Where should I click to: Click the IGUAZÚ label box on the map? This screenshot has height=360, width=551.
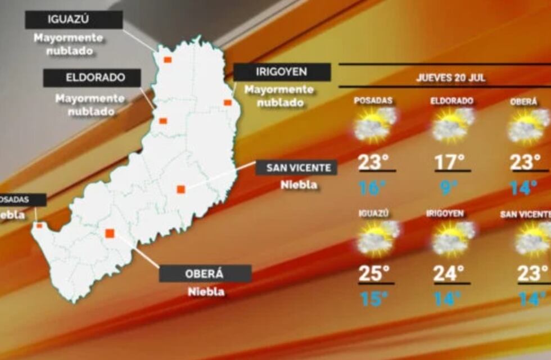click(74, 20)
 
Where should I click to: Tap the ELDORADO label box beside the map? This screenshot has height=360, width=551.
click(92, 78)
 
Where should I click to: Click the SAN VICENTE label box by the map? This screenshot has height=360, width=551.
click(296, 168)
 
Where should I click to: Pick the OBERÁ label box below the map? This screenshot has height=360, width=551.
click(205, 274)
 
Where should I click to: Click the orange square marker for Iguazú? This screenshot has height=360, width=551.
click(168, 59)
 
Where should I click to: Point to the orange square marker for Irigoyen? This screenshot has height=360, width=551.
click(227, 102)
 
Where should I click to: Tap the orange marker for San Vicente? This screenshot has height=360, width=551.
click(180, 189)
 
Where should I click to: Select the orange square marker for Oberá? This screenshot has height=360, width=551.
click(110, 233)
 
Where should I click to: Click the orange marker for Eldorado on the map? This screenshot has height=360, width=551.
click(163, 120)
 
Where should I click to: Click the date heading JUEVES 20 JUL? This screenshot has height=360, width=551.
click(451, 78)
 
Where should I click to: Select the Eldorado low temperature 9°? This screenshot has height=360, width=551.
click(449, 187)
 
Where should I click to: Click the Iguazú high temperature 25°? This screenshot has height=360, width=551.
click(374, 274)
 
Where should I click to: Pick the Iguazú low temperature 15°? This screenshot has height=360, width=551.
click(373, 299)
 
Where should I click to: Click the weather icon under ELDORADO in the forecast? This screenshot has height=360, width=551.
click(452, 125)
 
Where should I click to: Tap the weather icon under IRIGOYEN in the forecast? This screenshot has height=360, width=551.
click(452, 238)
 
